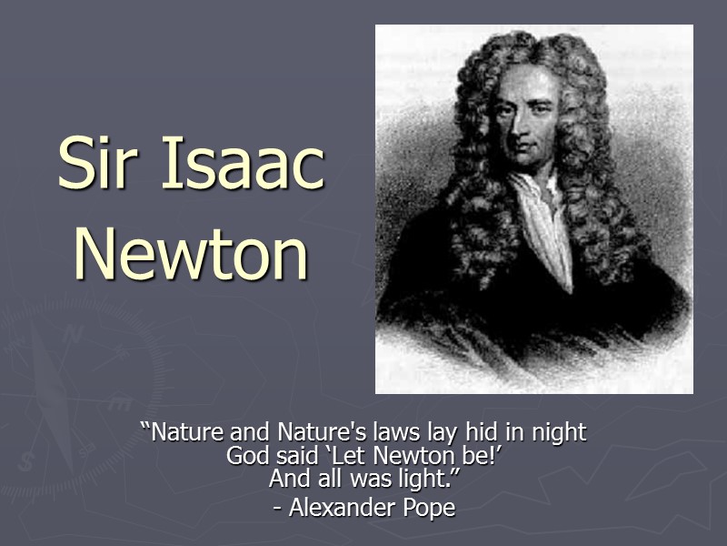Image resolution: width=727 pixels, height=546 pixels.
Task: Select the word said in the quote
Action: (291, 455)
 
